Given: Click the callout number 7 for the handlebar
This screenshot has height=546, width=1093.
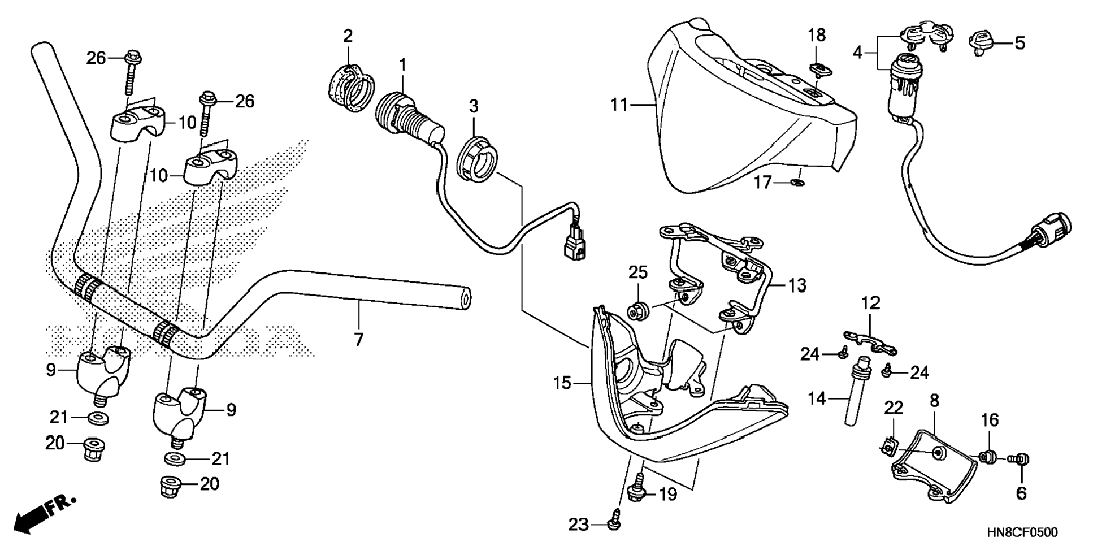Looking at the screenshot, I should pos(358,340).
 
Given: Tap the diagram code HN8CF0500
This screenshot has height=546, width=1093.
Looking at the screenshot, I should pos(1022,532).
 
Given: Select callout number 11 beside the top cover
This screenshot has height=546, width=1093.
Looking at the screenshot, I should pos(619,105).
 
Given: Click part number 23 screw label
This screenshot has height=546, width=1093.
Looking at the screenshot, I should pos(578,525).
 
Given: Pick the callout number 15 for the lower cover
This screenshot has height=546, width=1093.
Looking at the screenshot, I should pos(562,384).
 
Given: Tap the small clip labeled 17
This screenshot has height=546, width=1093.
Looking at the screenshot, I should pos(797,182).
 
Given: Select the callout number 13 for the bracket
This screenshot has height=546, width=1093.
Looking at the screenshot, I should pos(797,286).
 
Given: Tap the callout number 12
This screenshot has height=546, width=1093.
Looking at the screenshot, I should pos(871,304).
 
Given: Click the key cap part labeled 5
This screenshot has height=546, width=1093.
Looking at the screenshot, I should pos(982,41).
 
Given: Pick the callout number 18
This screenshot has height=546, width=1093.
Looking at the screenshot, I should pos(817,35).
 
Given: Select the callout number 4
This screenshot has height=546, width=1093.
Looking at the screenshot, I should pos(858,53).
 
